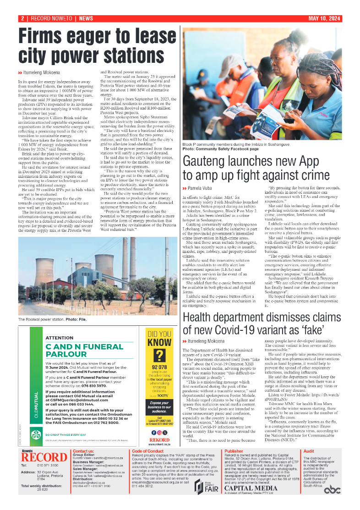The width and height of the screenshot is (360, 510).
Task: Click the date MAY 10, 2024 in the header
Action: point(324,18)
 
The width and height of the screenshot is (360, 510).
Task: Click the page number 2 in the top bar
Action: point(22,18)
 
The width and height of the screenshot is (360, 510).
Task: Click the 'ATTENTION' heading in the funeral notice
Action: point(60,338)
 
